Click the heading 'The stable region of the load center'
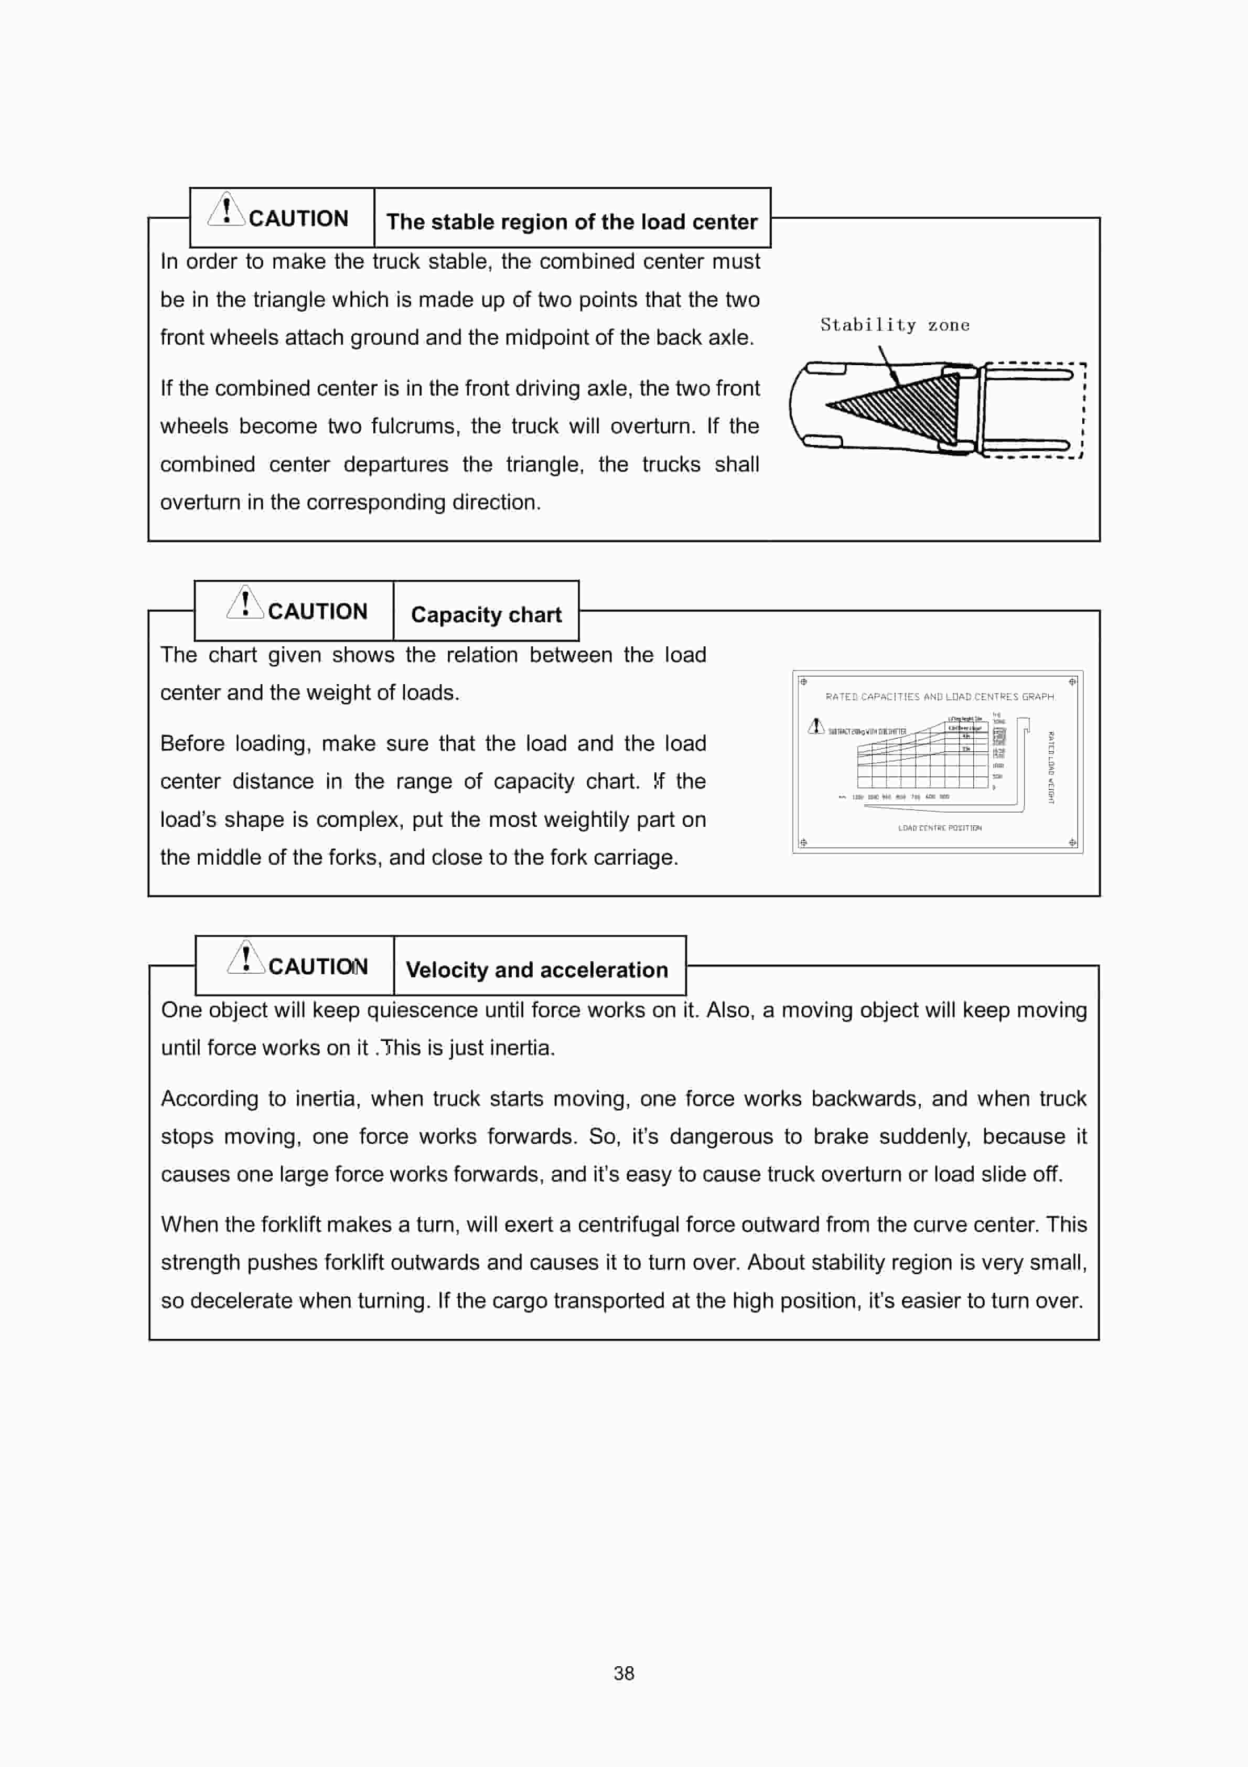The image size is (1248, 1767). (x=572, y=221)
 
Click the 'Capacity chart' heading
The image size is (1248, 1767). (x=486, y=615)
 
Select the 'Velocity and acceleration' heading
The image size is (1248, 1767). (x=536, y=970)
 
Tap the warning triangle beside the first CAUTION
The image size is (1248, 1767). (x=226, y=210)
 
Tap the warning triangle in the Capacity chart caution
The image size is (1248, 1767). (x=245, y=603)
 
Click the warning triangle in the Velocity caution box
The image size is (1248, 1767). (x=245, y=958)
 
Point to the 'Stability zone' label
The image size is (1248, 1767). (x=894, y=325)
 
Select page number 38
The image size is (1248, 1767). (x=624, y=1673)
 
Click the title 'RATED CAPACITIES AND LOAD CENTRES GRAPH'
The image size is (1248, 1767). (x=940, y=697)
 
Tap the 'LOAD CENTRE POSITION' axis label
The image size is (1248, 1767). (x=940, y=828)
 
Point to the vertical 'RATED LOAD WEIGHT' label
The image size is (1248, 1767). (x=1051, y=767)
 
